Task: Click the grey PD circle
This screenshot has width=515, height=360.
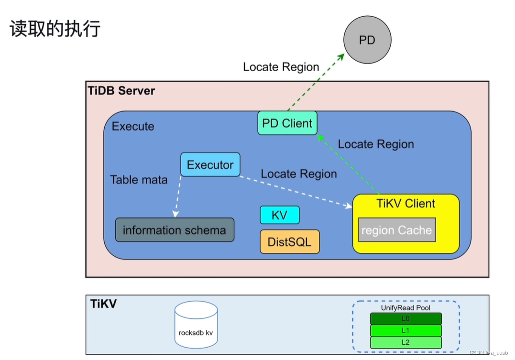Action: pos(367,40)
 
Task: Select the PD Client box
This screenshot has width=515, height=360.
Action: pos(287,123)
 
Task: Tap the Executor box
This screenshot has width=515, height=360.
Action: pos(210,165)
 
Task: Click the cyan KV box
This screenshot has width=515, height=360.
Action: pos(279,215)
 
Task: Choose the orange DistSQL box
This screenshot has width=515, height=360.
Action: pos(289,241)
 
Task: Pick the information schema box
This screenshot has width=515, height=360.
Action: pos(175,230)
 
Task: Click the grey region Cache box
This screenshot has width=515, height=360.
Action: pos(397,230)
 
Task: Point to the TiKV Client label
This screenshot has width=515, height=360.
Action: pos(406,204)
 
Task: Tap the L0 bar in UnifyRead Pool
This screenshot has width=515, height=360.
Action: pos(405,318)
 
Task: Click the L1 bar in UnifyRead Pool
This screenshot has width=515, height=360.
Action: pos(405,330)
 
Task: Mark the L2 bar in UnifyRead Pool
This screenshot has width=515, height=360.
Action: pos(405,342)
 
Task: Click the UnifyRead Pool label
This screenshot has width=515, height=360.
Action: pos(405,308)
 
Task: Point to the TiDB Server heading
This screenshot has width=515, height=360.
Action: pos(121,90)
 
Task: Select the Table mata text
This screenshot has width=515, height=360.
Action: pos(139,180)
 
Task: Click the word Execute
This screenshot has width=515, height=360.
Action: pos(133,127)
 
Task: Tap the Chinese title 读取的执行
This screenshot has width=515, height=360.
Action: pos(55,29)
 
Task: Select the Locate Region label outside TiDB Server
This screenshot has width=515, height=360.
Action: pos(281,67)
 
